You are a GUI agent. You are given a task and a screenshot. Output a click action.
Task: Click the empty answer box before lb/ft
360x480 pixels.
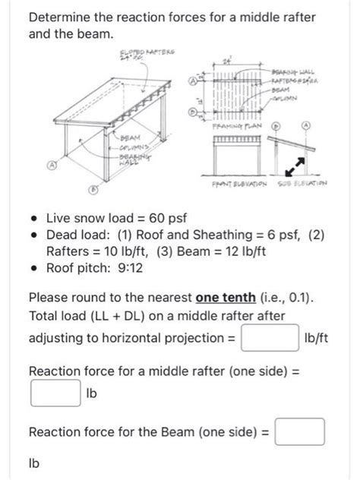[x=269, y=337]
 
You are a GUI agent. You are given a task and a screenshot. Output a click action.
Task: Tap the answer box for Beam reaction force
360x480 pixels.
[x=300, y=431]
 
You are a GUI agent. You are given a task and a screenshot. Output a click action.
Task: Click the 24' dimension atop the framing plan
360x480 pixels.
[x=226, y=60]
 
